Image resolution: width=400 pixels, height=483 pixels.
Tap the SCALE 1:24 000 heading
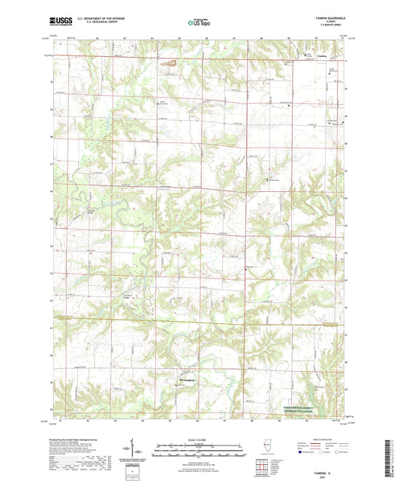click(x=200, y=439)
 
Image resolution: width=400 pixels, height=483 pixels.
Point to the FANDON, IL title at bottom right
click(x=329, y=465)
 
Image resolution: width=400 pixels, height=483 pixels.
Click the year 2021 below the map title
click(x=329, y=470)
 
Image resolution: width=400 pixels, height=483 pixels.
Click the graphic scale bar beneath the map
click(x=200, y=447)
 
